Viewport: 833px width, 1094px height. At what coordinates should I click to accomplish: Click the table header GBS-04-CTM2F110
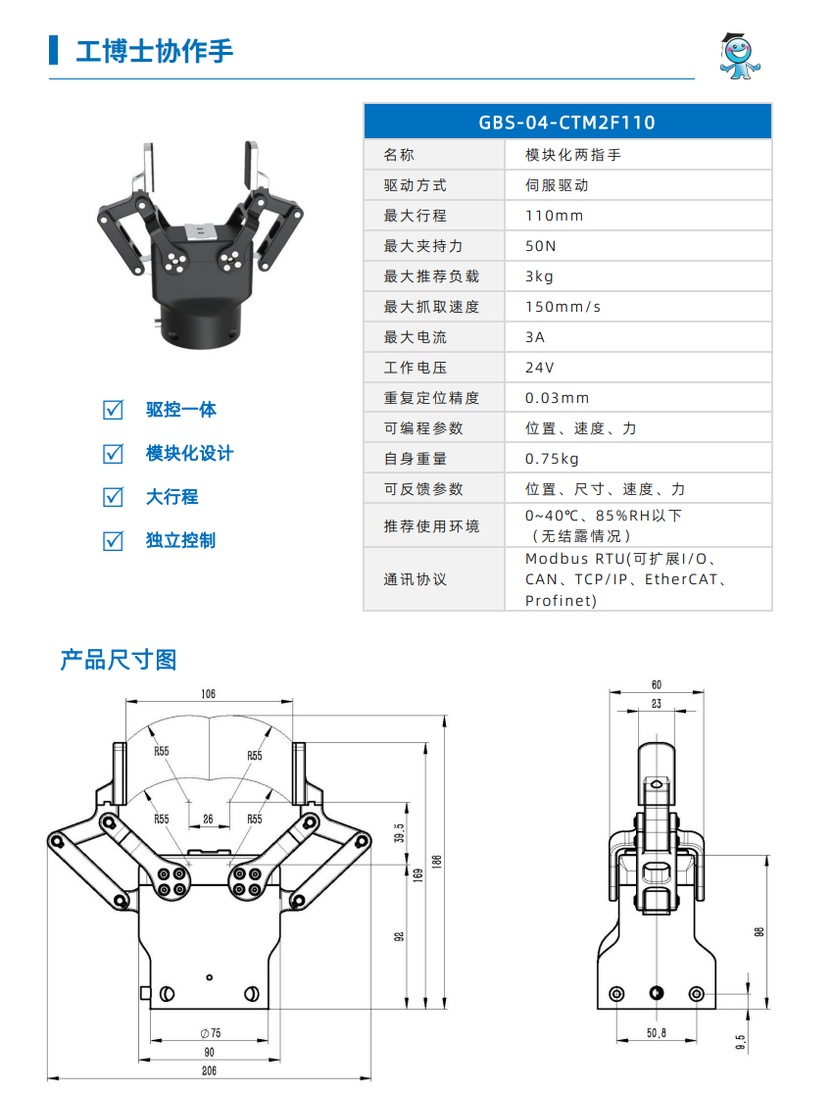[566, 123]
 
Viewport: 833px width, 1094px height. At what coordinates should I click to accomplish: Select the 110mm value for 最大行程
[554, 216]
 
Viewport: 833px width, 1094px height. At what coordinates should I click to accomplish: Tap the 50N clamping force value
[540, 246]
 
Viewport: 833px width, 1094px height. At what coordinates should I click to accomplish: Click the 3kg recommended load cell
[539, 276]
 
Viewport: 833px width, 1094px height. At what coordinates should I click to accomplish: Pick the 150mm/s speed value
[563, 307]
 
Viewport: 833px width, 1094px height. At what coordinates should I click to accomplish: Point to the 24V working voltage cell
[539, 368]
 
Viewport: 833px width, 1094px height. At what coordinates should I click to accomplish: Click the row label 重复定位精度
[431, 398]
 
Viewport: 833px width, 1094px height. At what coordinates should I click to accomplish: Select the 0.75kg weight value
[552, 459]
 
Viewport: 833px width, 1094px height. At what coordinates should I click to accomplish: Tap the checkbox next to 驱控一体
[114, 410]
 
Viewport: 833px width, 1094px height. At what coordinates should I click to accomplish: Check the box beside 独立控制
[114, 540]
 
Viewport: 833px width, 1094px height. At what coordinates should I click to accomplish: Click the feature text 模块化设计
[189, 454]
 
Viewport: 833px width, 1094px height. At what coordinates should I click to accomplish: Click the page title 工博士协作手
[155, 51]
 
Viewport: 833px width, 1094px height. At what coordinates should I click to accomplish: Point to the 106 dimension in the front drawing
[208, 694]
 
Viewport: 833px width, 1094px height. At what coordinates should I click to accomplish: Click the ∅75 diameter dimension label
[209, 1033]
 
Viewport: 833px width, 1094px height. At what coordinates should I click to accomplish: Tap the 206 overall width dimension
[209, 1070]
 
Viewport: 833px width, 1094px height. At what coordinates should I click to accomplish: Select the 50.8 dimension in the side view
[656, 1033]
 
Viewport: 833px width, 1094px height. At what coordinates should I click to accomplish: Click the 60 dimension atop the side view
[656, 684]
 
